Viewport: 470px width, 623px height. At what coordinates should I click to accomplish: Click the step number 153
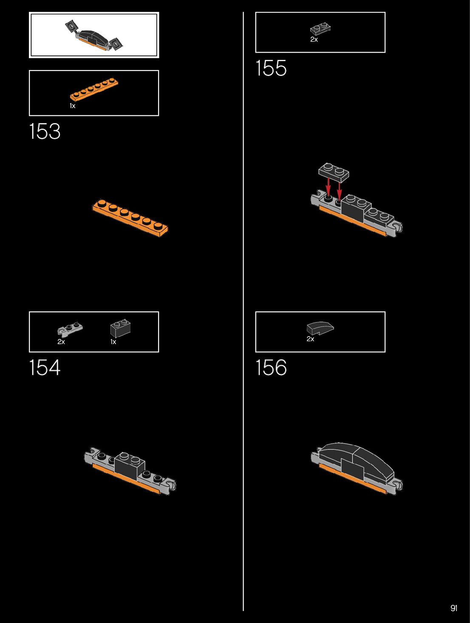(x=45, y=131)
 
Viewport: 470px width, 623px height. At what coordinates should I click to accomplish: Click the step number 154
(x=45, y=368)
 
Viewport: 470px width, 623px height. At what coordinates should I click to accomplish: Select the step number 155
(x=271, y=68)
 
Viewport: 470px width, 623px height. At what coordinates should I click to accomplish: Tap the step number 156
(x=271, y=368)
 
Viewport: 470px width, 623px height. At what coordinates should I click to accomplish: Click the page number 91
(x=454, y=608)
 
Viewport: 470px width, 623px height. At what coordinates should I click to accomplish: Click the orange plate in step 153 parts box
(x=94, y=89)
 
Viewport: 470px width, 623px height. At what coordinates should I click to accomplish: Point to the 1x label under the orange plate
(x=73, y=106)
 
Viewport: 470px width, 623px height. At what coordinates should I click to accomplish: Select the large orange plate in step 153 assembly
(x=130, y=217)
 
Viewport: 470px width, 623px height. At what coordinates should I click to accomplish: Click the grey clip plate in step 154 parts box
(x=70, y=329)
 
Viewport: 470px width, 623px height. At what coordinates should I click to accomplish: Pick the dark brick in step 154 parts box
(x=120, y=328)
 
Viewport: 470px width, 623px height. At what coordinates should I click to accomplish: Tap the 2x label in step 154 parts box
(x=61, y=342)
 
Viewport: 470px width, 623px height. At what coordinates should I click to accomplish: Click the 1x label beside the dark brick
(x=113, y=342)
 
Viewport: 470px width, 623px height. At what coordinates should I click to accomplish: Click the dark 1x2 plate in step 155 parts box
(x=320, y=29)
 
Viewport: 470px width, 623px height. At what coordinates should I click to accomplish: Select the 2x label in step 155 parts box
(x=314, y=39)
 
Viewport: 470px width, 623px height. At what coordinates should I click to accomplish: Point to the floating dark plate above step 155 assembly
(x=334, y=172)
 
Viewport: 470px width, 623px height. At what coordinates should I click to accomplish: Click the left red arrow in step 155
(x=328, y=187)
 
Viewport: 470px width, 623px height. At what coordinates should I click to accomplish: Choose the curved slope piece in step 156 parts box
(x=320, y=328)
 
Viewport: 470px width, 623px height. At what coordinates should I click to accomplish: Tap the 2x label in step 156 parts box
(x=311, y=339)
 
